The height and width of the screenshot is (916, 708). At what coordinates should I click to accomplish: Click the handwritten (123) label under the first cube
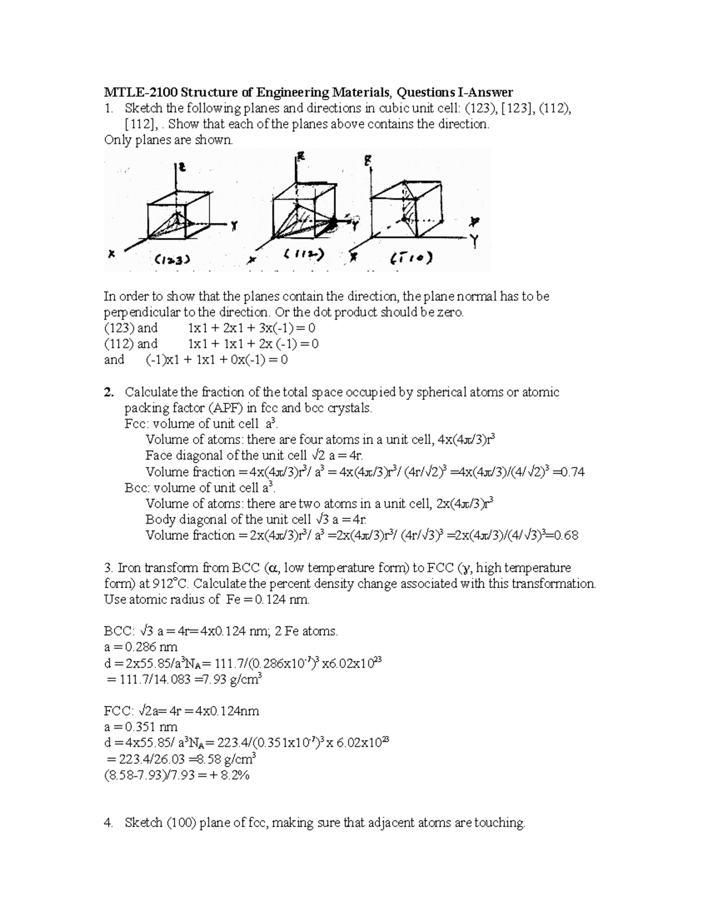click(172, 258)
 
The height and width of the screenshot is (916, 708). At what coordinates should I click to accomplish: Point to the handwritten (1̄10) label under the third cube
click(411, 258)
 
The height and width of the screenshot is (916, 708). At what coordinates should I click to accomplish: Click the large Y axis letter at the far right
click(473, 241)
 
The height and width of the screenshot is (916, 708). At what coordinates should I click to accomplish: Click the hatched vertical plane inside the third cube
click(407, 209)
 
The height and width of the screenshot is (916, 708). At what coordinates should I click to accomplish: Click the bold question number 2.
click(108, 392)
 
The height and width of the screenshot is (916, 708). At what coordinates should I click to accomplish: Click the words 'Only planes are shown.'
click(169, 140)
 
